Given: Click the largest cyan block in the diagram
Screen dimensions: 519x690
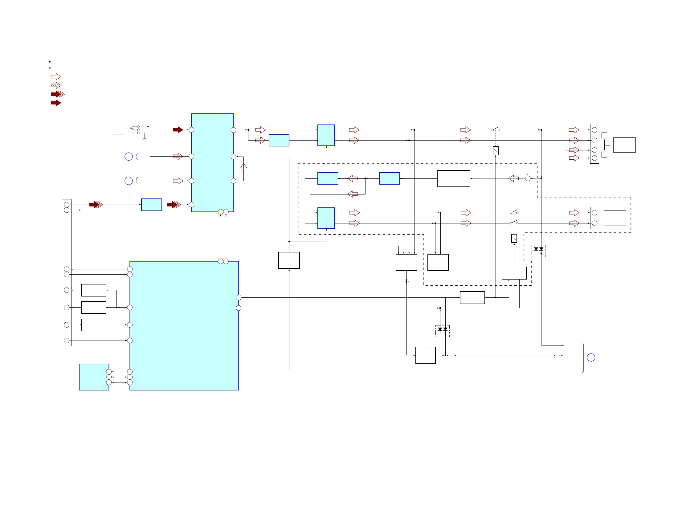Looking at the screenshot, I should click(184, 325).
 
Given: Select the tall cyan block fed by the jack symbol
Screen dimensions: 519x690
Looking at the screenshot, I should click(212, 162).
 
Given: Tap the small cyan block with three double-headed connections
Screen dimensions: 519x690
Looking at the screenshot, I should click(94, 377).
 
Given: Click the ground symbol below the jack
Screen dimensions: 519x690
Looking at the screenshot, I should click(144, 138).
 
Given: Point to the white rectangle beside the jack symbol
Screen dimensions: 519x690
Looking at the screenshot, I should click(118, 132).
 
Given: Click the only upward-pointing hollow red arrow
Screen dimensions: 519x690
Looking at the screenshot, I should click(244, 168).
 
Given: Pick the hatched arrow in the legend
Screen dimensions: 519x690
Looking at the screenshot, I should click(56, 85).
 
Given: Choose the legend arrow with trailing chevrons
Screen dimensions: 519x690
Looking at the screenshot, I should click(58, 94).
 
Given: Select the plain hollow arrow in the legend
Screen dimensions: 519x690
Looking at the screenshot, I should click(56, 77).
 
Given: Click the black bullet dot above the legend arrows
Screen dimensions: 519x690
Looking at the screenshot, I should click(50, 62).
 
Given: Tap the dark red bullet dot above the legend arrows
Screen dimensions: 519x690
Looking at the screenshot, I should click(50, 68).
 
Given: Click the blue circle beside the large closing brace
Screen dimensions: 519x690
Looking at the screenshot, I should click(591, 358).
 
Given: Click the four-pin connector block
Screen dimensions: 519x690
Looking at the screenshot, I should click(594, 144).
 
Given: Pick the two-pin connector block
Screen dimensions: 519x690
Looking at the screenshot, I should click(594, 218).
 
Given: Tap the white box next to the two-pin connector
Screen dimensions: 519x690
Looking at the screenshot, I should click(614, 218).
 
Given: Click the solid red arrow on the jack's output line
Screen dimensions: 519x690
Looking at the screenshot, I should click(178, 130).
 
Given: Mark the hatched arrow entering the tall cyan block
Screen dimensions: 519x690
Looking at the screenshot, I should click(178, 156).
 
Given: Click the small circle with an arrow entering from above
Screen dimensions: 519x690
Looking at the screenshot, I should click(528, 178).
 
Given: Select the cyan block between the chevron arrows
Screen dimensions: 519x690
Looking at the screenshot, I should click(151, 205).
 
